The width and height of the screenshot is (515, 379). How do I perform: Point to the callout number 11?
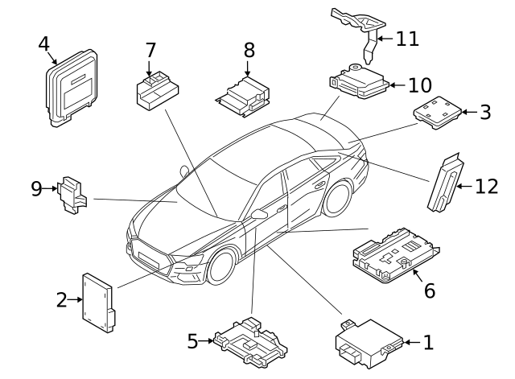[x=407, y=39]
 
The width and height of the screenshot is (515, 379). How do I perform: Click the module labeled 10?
[x=359, y=83]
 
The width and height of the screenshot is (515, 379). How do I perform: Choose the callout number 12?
[x=486, y=187]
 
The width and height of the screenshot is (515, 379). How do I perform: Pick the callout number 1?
[x=427, y=343]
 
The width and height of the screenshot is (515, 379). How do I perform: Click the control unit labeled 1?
[x=368, y=341]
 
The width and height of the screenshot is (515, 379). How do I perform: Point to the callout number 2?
[x=61, y=300]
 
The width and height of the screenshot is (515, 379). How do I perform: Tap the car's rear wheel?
[x=339, y=199]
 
